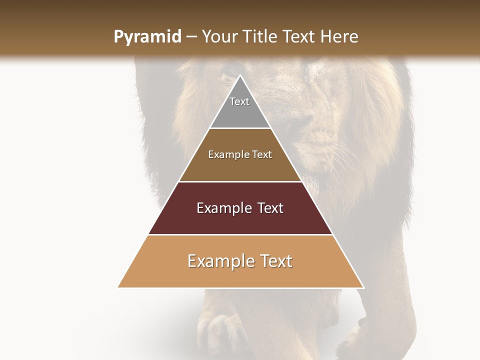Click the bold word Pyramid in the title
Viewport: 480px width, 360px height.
pos(147,37)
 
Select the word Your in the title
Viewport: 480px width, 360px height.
pos(219,36)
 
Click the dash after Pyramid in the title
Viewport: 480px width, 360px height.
pos(191,37)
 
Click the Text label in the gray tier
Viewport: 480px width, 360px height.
pos(239,101)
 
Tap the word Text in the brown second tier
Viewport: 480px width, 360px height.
pos(262,154)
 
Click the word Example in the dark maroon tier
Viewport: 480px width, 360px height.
pos(222,208)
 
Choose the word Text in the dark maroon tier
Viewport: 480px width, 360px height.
pos(270,208)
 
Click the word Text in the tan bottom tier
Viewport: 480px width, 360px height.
pos(275,261)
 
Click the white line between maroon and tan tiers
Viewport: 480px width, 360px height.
pos(240,234)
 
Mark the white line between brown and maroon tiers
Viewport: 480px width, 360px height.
pos(240,181)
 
